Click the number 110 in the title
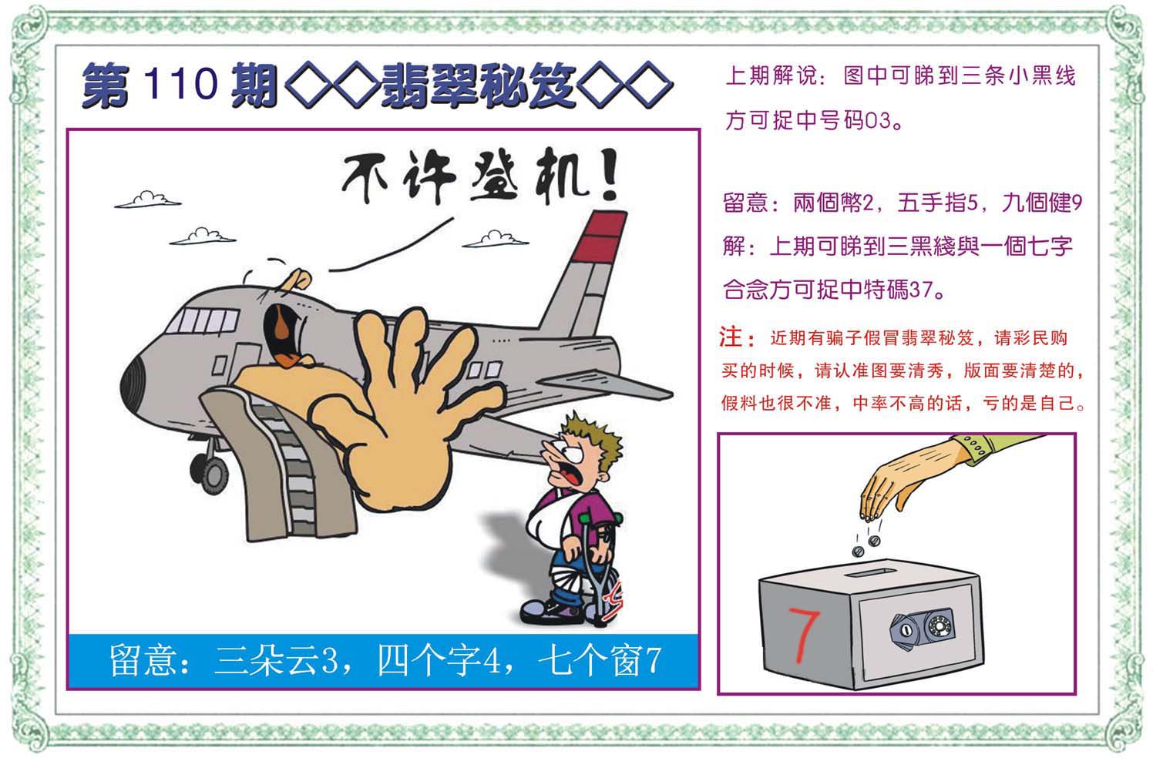click(x=180, y=83)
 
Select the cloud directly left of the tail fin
click(x=495, y=240)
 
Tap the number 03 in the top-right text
click(x=878, y=120)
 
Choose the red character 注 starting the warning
click(x=731, y=337)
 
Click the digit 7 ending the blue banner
click(x=654, y=661)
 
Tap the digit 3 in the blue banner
click(x=328, y=661)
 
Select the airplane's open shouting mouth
click(x=283, y=334)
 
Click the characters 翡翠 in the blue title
click(x=430, y=85)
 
